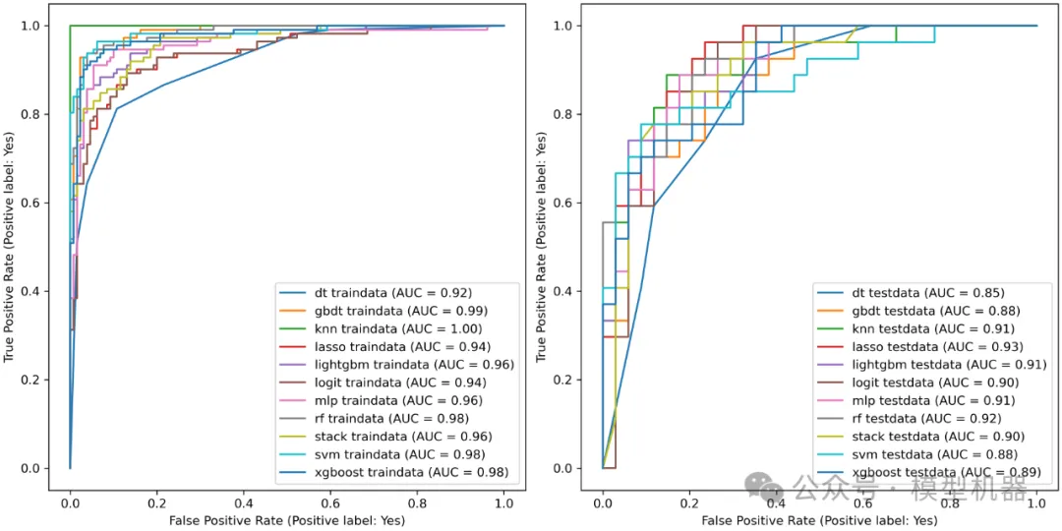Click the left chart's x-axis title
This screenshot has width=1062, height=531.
point(286,518)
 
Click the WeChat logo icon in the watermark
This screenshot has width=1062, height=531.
point(759,484)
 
